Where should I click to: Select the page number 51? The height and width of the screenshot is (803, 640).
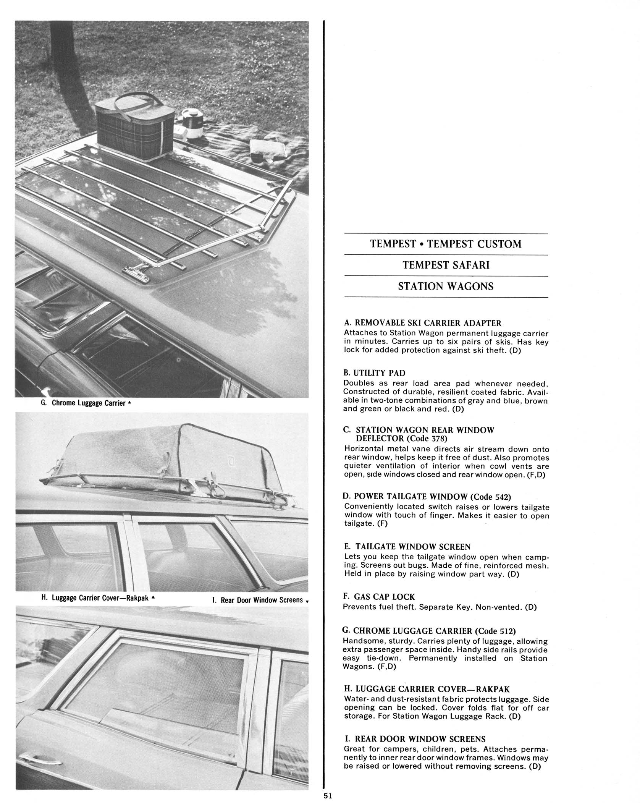pos(328,796)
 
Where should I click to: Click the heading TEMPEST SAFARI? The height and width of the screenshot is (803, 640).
pos(446,265)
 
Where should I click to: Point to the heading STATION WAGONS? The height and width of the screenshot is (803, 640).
pos(446,286)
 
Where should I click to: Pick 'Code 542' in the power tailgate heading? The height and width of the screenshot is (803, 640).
pos(492,497)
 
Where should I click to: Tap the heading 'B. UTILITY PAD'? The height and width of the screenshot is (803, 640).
pos(374,373)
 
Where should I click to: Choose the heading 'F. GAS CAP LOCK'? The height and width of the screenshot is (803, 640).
pos(379,597)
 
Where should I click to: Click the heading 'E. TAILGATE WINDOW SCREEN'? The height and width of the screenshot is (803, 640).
pos(407,547)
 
